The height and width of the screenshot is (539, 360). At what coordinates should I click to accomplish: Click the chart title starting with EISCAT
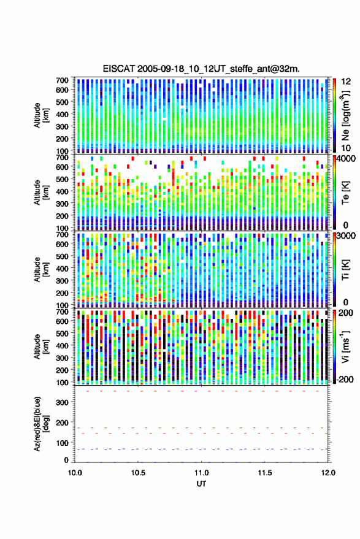[x=201, y=69]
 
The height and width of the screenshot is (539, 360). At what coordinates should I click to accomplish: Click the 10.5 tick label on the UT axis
[x=138, y=473]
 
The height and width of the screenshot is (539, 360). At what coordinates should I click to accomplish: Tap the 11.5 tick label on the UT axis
[x=264, y=473]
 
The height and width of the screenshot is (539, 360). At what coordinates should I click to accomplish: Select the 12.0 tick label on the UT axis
[x=328, y=473]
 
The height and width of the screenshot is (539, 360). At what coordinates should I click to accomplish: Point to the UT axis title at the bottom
[x=201, y=484]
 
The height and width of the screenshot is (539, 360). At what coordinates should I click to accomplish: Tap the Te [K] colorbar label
[x=345, y=193]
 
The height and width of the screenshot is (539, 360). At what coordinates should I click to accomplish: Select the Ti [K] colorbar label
[x=345, y=270]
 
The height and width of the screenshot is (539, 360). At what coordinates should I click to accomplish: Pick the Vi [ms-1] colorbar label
[x=346, y=346]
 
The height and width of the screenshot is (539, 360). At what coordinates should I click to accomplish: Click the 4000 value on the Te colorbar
[x=347, y=159]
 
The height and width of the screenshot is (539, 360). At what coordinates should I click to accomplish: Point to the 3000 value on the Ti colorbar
[x=347, y=236]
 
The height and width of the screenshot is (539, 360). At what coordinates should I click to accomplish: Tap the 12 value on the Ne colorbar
[x=347, y=82]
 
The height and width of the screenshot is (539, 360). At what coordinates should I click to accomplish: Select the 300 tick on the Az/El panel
[x=62, y=402]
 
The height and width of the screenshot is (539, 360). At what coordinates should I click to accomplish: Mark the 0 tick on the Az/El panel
[x=66, y=460]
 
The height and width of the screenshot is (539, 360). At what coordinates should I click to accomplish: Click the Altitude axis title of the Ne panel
[x=41, y=115]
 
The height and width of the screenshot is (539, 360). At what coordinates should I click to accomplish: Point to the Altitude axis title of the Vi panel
[x=41, y=346]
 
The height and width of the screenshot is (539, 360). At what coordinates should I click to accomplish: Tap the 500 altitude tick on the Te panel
[x=62, y=179]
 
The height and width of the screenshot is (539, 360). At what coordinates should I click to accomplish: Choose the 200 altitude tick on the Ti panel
[x=62, y=293]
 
